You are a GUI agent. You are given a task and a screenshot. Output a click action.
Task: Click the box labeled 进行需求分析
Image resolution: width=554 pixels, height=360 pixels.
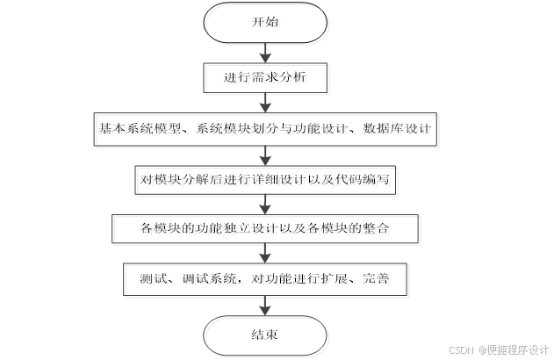pos(265,79)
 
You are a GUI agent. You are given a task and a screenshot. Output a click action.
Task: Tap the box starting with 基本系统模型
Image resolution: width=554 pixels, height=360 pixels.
pos(265,129)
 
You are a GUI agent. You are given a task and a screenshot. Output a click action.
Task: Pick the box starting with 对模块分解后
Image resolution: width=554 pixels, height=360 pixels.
pos(265,179)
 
